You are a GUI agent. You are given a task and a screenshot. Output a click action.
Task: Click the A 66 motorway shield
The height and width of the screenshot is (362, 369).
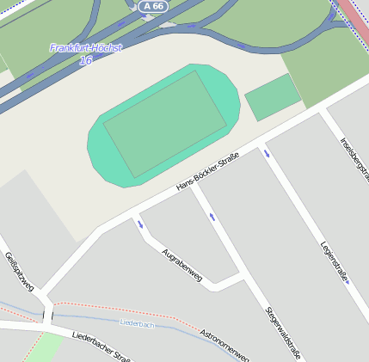click(153, 6)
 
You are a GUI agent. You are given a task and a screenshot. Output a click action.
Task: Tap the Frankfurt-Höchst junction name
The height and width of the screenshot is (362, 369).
click(85, 47)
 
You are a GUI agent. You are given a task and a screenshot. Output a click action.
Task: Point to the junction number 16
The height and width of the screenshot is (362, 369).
click(85, 61)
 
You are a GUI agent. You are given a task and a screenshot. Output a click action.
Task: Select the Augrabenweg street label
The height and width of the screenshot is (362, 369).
click(181, 265)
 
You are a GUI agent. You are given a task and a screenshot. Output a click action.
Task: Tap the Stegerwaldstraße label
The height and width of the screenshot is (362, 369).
click(283, 332)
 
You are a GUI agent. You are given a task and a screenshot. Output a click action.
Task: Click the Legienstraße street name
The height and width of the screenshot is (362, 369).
click(333, 260)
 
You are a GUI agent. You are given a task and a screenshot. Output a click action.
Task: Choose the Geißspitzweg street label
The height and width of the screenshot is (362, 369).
click(18, 271)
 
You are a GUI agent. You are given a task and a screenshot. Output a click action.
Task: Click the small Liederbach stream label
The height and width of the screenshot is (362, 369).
click(137, 323)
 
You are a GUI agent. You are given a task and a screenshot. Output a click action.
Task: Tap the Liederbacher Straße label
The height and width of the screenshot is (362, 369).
click(101, 347)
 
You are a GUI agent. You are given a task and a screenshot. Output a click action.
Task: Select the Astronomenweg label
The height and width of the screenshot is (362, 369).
click(224, 345)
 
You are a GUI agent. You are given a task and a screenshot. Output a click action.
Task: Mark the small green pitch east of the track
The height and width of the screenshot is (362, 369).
click(273, 96)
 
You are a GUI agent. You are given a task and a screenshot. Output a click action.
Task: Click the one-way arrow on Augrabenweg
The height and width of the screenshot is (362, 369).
click(139, 225)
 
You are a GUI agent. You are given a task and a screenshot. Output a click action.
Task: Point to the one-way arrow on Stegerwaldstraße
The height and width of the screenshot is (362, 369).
click(212, 217)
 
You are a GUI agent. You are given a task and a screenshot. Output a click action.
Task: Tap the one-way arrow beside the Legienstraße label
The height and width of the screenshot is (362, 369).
click(347, 280)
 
